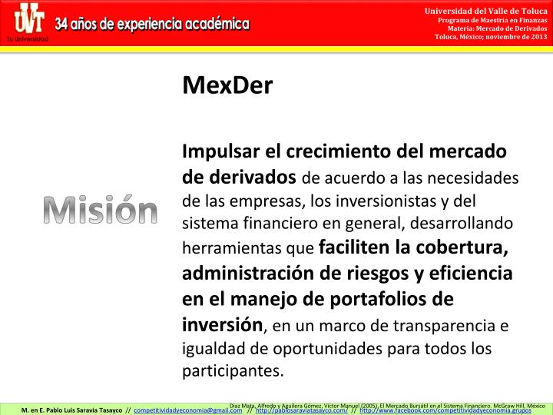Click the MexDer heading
pos(227,85)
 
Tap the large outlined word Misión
pos(100,210)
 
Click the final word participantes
pos(232,371)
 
